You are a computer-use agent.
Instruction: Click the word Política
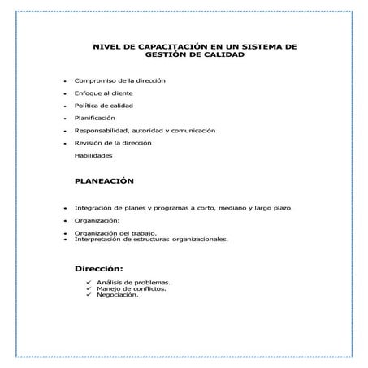pyautogui.click(x=87, y=106)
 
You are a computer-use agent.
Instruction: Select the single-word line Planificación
pyautogui.click(x=94, y=118)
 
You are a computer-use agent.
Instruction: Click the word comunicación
pyautogui.click(x=192, y=130)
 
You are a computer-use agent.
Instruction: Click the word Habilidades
pyautogui.click(x=93, y=154)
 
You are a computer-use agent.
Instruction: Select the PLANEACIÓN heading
pyautogui.click(x=104, y=181)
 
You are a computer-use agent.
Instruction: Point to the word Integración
pyautogui.click(x=93, y=207)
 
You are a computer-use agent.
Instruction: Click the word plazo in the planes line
pyautogui.click(x=281, y=207)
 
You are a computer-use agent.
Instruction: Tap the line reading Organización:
pyautogui.click(x=97, y=220)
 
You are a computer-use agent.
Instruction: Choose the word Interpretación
pyautogui.click(x=98, y=240)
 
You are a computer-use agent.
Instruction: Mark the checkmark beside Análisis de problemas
pyautogui.click(x=89, y=282)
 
